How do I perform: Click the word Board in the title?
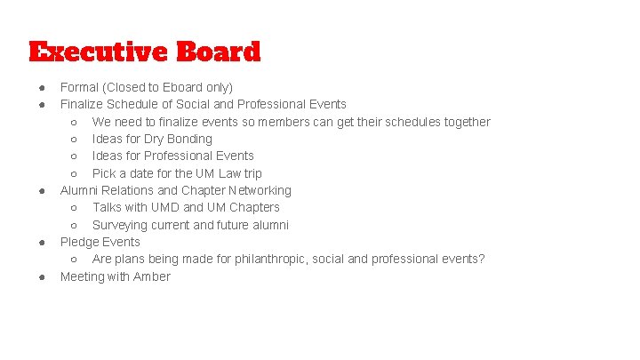coord(218,52)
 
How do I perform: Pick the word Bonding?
coord(190,139)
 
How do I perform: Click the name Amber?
coord(152,276)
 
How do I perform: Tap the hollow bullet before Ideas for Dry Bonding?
coord(74,139)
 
